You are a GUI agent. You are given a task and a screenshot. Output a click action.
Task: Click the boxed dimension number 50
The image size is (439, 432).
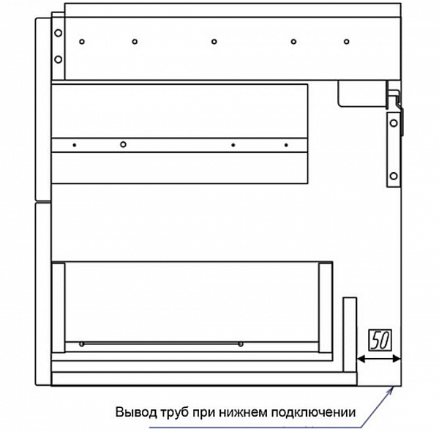(379, 340)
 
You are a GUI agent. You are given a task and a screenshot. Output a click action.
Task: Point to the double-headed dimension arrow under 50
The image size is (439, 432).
(379, 358)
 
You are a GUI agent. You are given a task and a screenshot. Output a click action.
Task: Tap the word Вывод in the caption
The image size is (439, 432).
(132, 412)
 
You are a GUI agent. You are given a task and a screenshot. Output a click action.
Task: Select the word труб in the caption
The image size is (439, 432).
(174, 412)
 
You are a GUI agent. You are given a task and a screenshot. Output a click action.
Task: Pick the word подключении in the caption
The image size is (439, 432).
(315, 412)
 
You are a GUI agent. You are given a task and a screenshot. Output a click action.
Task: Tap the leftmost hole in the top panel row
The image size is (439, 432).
(83, 41)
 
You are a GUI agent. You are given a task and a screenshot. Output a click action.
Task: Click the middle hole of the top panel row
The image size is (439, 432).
(213, 41)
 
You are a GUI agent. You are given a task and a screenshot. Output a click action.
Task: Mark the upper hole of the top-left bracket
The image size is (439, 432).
(57, 32)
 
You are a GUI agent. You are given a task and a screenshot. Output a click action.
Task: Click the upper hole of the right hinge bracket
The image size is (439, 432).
(394, 122)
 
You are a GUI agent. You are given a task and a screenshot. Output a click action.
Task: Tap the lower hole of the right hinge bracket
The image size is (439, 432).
(394, 175)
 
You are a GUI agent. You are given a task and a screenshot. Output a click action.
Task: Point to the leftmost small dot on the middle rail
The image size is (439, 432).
(74, 145)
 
